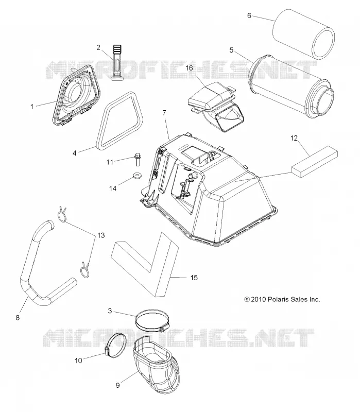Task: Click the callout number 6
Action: [249, 16]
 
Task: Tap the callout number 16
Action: [189, 68]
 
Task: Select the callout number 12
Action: [294, 138]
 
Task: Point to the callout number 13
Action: [101, 235]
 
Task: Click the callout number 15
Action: [194, 278]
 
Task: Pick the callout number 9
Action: [118, 385]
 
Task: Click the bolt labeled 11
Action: [137, 160]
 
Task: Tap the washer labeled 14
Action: [136, 175]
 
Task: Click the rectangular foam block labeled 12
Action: [314, 160]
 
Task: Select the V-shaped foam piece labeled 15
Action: [145, 264]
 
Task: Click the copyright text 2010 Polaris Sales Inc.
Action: [282, 299]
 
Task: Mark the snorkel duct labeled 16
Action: [217, 105]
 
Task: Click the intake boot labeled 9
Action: [157, 366]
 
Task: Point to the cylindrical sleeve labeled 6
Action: [304, 35]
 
